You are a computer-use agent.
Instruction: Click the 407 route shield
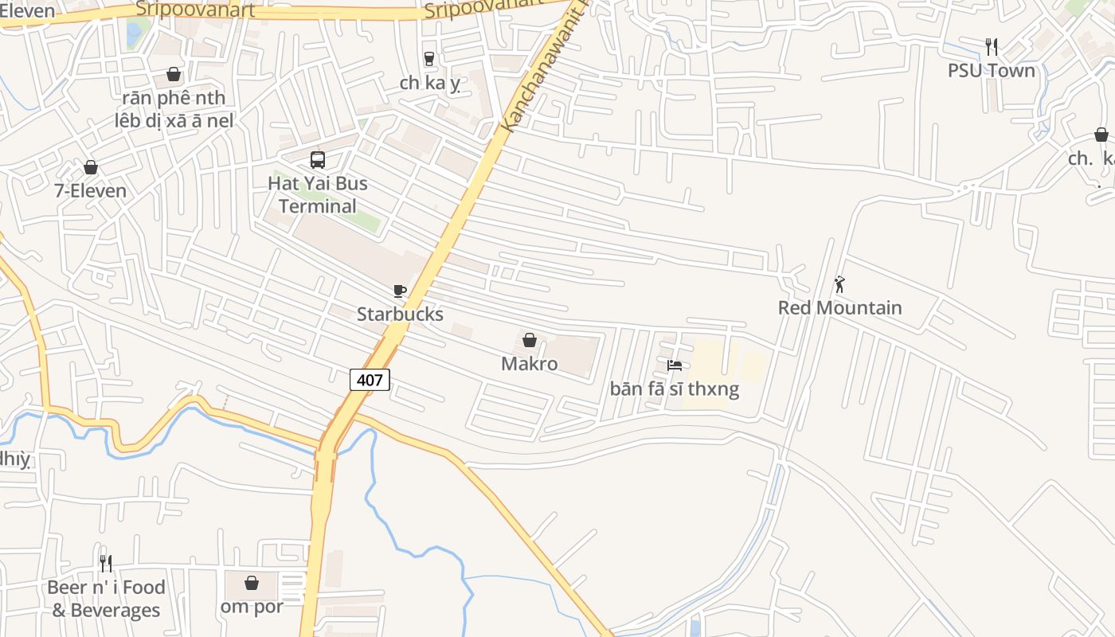pyautogui.click(x=370, y=380)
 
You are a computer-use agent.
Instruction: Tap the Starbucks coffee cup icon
pyautogui.click(x=399, y=291)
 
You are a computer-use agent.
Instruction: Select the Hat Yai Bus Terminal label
pyautogui.click(x=318, y=194)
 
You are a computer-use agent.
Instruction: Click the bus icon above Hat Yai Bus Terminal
pyautogui.click(x=318, y=160)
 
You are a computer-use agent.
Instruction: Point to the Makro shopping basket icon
pyautogui.click(x=530, y=341)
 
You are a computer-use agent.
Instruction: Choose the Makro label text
pyautogui.click(x=529, y=364)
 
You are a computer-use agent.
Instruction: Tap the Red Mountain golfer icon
pyautogui.click(x=839, y=284)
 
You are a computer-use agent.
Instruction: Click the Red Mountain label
pyautogui.click(x=839, y=307)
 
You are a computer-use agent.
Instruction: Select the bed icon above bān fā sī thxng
pyautogui.click(x=675, y=365)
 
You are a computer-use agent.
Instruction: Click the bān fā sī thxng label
pyautogui.click(x=675, y=389)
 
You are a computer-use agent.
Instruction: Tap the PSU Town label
pyautogui.click(x=991, y=70)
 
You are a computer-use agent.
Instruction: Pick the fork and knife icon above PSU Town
pyautogui.click(x=991, y=47)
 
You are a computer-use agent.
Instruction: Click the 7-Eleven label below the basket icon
pyautogui.click(x=91, y=190)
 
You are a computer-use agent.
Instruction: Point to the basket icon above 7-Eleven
pyautogui.click(x=91, y=167)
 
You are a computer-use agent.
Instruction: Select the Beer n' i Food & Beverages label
pyautogui.click(x=106, y=599)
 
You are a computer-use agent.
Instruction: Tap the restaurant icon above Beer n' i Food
pyautogui.click(x=106, y=564)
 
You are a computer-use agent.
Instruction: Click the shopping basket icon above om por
pyautogui.click(x=252, y=583)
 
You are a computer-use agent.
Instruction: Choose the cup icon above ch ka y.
pyautogui.click(x=429, y=59)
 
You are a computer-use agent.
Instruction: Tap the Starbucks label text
pyautogui.click(x=400, y=314)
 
